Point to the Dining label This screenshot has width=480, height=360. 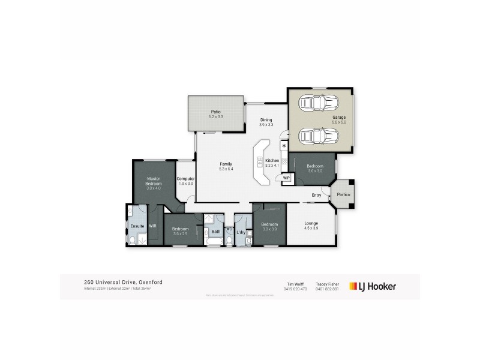[266, 120]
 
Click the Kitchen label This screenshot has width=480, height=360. [272, 160]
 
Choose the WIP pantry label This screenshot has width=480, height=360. [286, 178]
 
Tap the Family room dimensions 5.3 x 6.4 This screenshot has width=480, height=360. [226, 169]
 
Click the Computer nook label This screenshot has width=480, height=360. [185, 179]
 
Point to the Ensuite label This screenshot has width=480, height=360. [137, 226]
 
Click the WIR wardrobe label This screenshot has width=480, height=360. [153, 226]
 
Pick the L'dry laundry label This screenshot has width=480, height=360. [242, 232]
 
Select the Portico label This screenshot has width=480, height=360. [343, 194]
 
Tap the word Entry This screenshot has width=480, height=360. [317, 195]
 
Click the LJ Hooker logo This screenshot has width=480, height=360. [373, 286]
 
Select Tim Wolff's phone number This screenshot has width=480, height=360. [295, 289]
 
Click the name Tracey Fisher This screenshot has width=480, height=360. [328, 284]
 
